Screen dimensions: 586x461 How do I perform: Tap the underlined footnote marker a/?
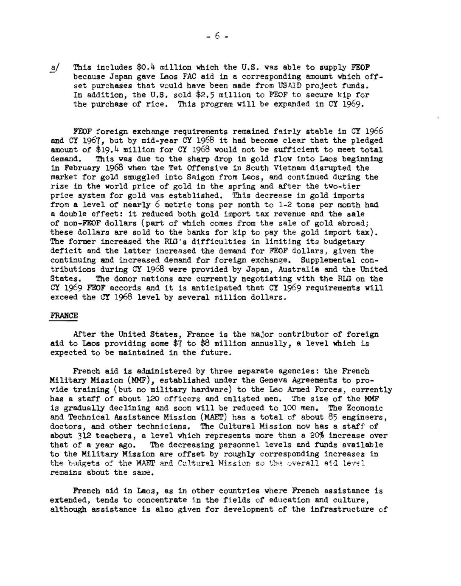[x=55, y=68]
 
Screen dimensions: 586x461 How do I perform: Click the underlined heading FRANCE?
[x=64, y=316]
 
